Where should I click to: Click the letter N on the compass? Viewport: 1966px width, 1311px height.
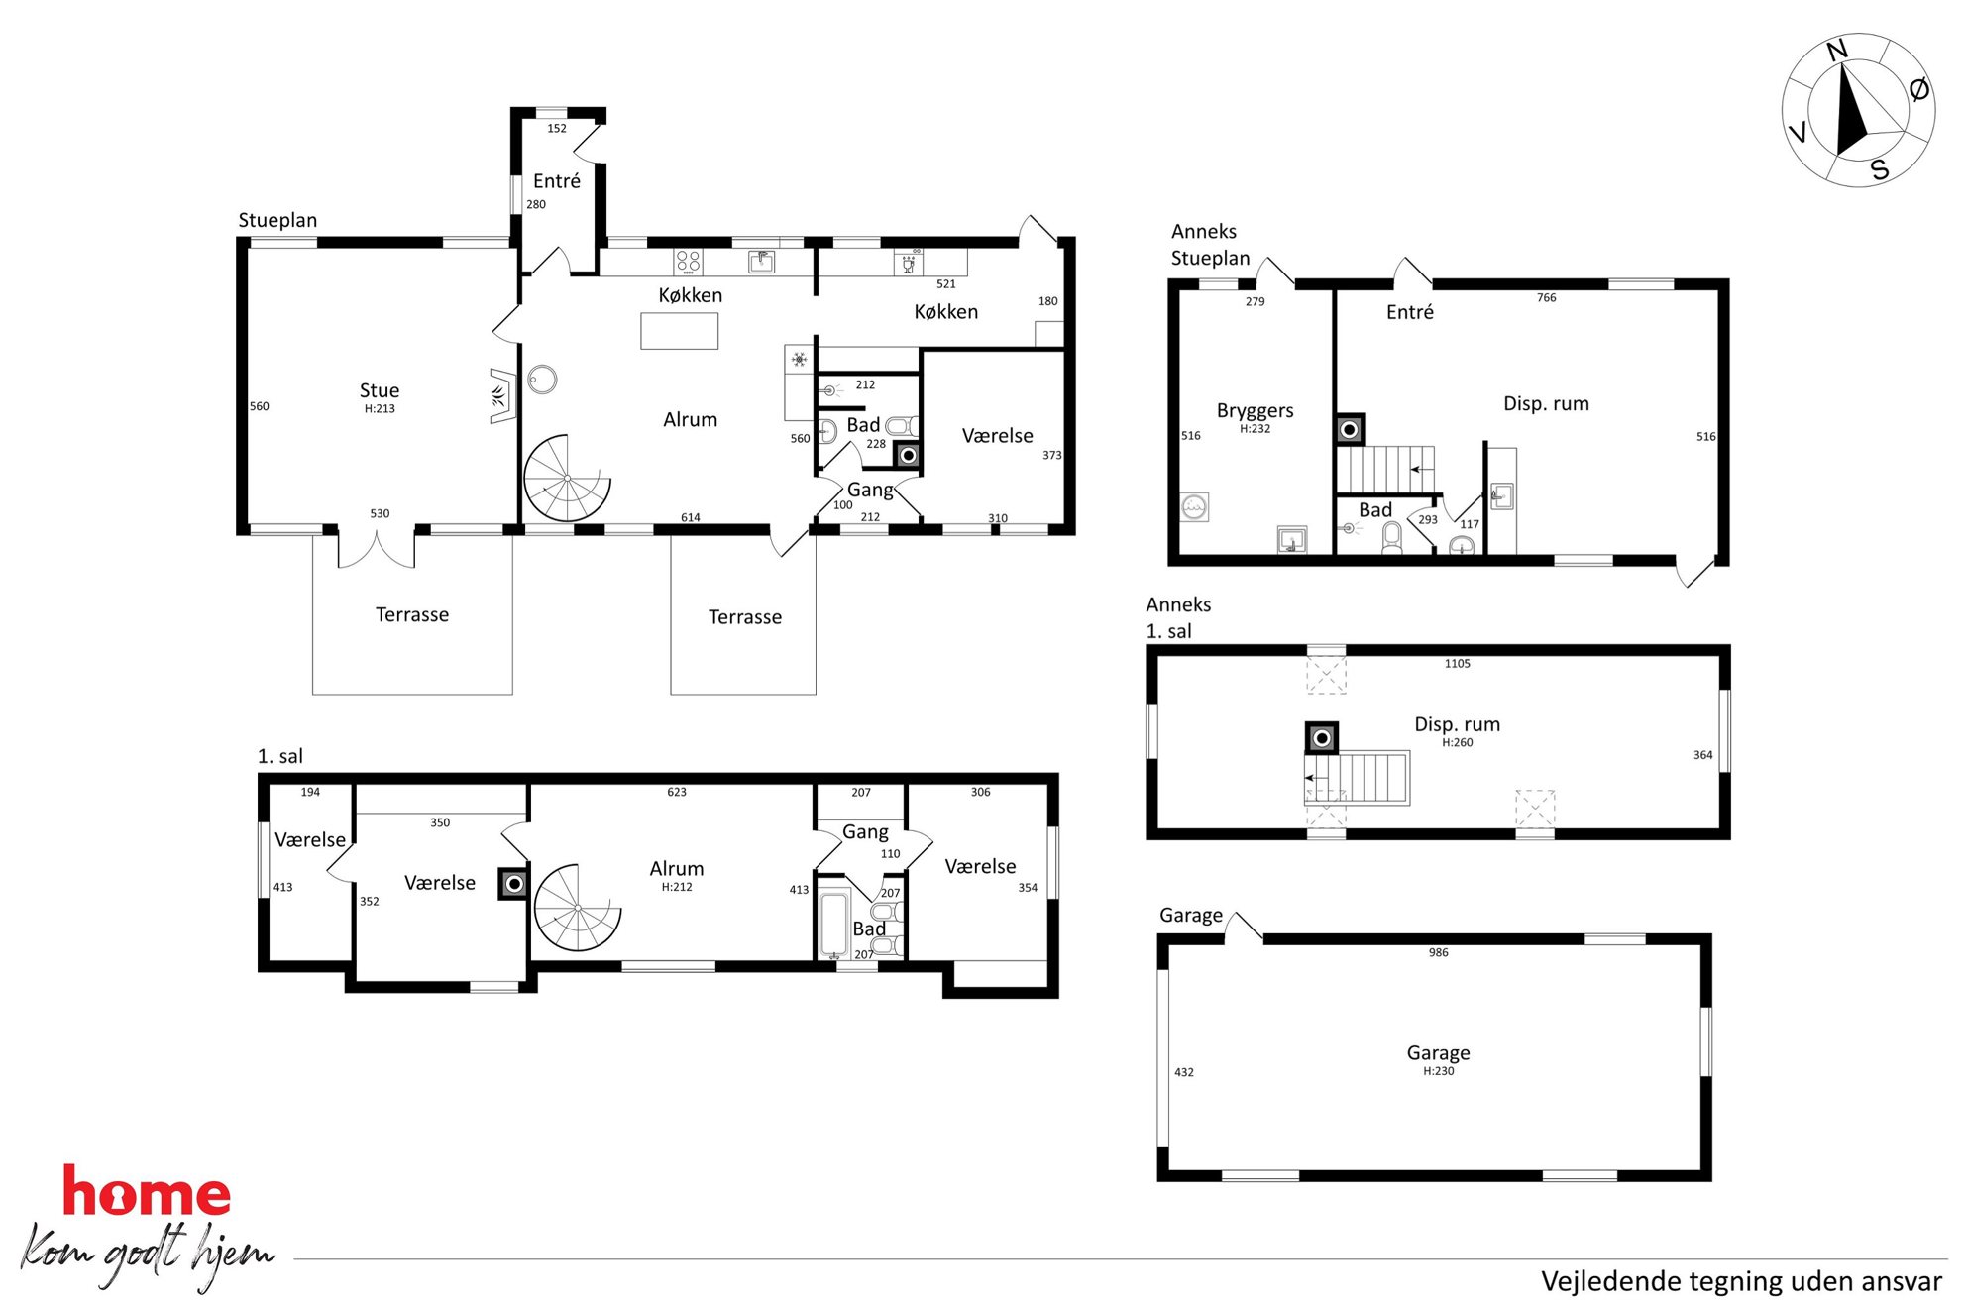(x=1836, y=51)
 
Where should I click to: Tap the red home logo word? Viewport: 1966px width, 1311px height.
(x=147, y=1192)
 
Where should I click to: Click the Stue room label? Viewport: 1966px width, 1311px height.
(x=380, y=390)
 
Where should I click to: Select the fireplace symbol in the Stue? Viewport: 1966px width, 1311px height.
(x=502, y=396)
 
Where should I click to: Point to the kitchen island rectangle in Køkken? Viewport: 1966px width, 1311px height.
(x=680, y=331)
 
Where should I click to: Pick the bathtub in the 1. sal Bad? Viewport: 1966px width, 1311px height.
(x=834, y=925)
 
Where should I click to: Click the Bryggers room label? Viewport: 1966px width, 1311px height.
(x=1255, y=410)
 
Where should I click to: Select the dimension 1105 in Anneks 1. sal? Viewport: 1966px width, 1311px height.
(x=1457, y=664)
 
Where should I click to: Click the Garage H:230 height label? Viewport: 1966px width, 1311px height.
(x=1439, y=1071)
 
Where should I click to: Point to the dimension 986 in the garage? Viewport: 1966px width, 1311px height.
(x=1439, y=953)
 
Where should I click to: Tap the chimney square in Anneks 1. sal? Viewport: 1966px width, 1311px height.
(x=1322, y=738)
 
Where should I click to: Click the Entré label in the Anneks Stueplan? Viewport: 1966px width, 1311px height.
(x=1410, y=312)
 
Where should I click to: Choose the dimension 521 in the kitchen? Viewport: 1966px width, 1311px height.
(x=946, y=284)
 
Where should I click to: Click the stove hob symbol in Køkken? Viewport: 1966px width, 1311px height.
(x=688, y=262)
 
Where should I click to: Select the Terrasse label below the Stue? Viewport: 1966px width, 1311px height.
(x=412, y=615)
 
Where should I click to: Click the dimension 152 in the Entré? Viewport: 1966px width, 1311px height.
(x=557, y=129)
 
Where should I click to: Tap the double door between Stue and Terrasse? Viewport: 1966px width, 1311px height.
(x=377, y=551)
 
